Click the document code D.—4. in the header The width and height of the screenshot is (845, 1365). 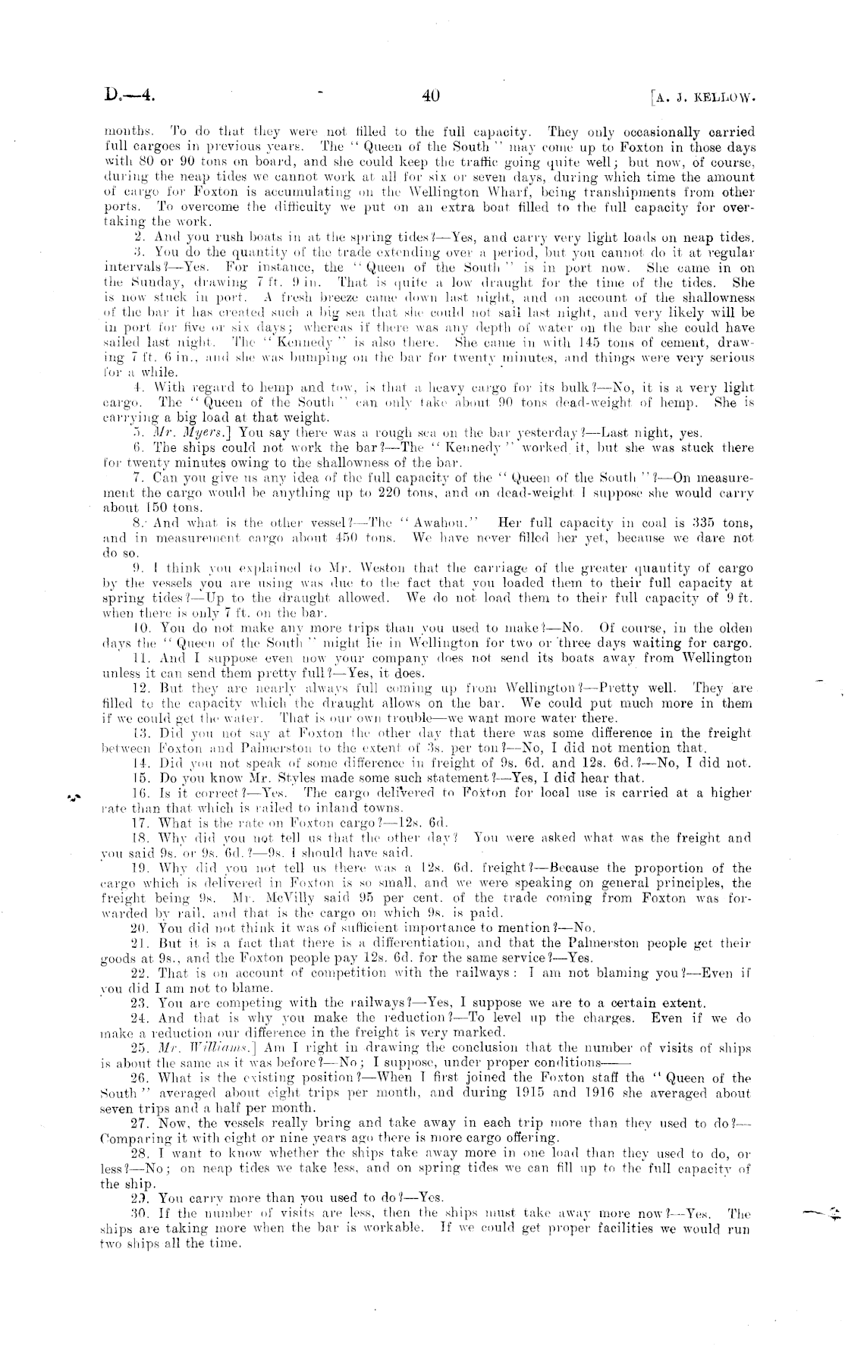(x=130, y=96)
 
